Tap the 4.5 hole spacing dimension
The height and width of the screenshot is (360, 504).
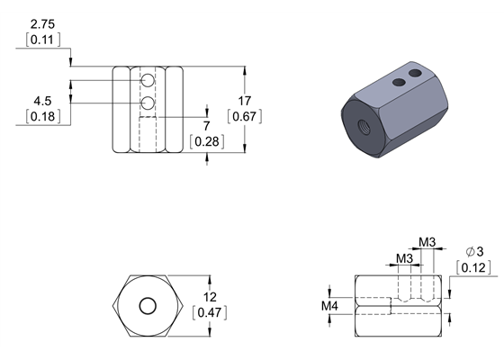[41, 100]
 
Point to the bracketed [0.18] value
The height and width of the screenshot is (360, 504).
[41, 116]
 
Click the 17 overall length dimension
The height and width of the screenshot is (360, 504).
[245, 100]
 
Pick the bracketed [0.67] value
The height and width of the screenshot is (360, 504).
[245, 116]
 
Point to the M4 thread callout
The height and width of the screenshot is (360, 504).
[331, 306]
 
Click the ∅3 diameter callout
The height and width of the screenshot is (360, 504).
[474, 251]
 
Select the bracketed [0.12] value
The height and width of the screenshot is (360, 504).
[474, 267]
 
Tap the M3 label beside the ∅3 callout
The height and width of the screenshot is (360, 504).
[428, 242]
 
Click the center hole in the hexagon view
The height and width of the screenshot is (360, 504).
[147, 306]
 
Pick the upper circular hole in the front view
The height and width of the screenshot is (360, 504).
[147, 84]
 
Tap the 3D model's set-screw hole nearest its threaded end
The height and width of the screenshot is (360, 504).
[397, 83]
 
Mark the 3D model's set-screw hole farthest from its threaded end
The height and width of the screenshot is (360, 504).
[415, 72]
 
